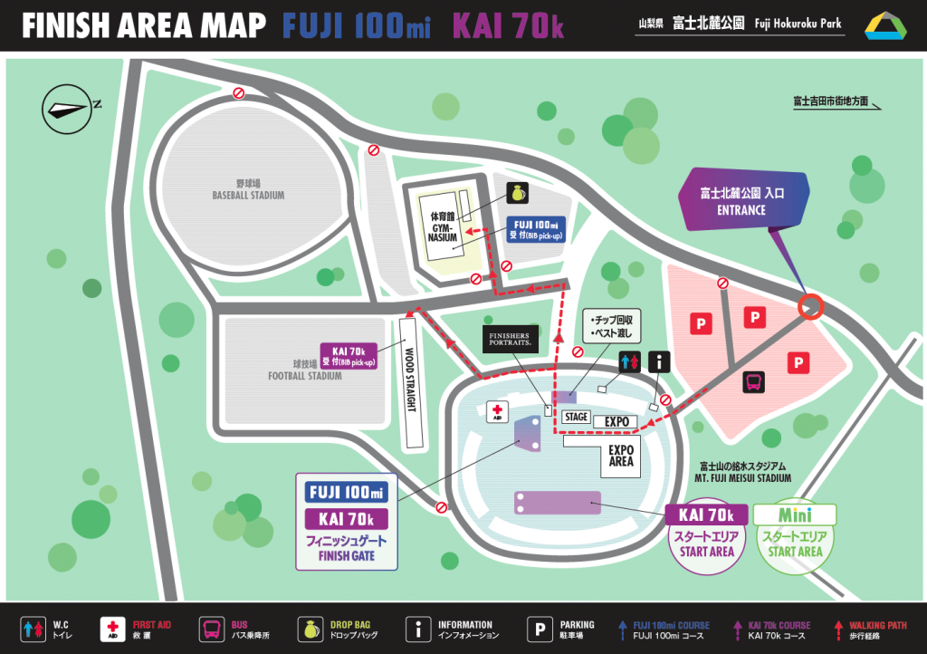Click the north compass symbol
coord(68,108)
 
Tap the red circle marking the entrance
coord(810,307)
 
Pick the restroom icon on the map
coord(630,362)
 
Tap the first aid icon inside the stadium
coord(497,412)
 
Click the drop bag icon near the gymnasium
coord(518,194)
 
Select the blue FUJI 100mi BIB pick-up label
coord(536,229)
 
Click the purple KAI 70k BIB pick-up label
coord(349,356)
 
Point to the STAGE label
coord(576,418)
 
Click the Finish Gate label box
coord(348,521)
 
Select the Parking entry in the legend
coord(560,630)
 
